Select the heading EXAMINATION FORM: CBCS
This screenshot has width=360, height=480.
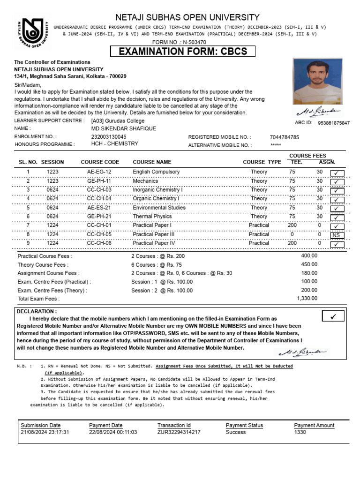click(182, 51)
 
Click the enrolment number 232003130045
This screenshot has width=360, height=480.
click(109, 136)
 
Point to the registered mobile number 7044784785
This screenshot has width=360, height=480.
click(285, 137)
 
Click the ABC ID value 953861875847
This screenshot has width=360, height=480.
click(333, 123)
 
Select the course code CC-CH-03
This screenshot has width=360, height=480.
click(99, 190)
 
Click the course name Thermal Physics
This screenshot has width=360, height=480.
click(152, 217)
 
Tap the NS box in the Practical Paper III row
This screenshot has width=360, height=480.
click(337, 235)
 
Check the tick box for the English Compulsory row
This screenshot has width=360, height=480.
click(337, 172)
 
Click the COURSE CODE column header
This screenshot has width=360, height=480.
click(100, 162)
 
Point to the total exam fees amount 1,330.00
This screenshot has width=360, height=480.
click(307, 298)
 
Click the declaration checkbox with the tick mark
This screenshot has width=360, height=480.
click(333, 316)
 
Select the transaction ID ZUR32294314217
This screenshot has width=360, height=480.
click(179, 432)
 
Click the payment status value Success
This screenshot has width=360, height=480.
click(236, 432)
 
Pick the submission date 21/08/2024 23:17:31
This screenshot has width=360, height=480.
click(45, 432)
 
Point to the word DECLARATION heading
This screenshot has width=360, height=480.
click(37, 311)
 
